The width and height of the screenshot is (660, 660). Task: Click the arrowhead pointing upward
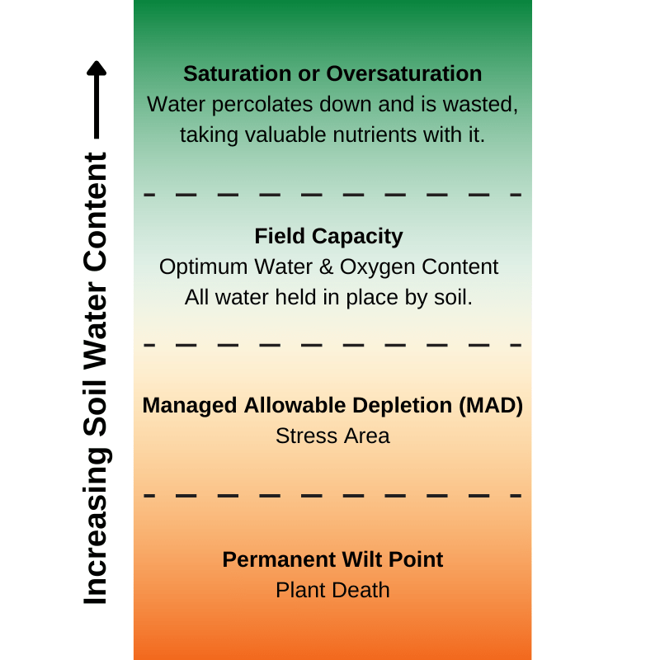[x=97, y=68]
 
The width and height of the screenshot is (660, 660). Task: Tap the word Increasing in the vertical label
[x=96, y=527]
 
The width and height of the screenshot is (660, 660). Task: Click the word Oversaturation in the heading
[x=404, y=73]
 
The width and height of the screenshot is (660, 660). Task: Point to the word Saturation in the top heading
[x=238, y=73]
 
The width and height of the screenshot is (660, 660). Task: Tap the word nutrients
[x=375, y=135]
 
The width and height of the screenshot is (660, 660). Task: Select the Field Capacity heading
[x=328, y=237]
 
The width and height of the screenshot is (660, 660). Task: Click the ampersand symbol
[x=326, y=266]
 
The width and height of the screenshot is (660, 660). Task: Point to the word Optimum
[x=204, y=267]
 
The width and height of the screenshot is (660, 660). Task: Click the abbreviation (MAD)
[x=491, y=405]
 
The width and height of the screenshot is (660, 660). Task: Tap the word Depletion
[x=402, y=405]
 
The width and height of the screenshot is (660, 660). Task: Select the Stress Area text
[x=332, y=436]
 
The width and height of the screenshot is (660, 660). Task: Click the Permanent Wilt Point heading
[x=332, y=559]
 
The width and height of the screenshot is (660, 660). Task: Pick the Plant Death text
[x=332, y=590]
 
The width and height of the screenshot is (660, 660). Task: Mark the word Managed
[x=190, y=406]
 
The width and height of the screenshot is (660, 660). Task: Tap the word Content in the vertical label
[x=95, y=213]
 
